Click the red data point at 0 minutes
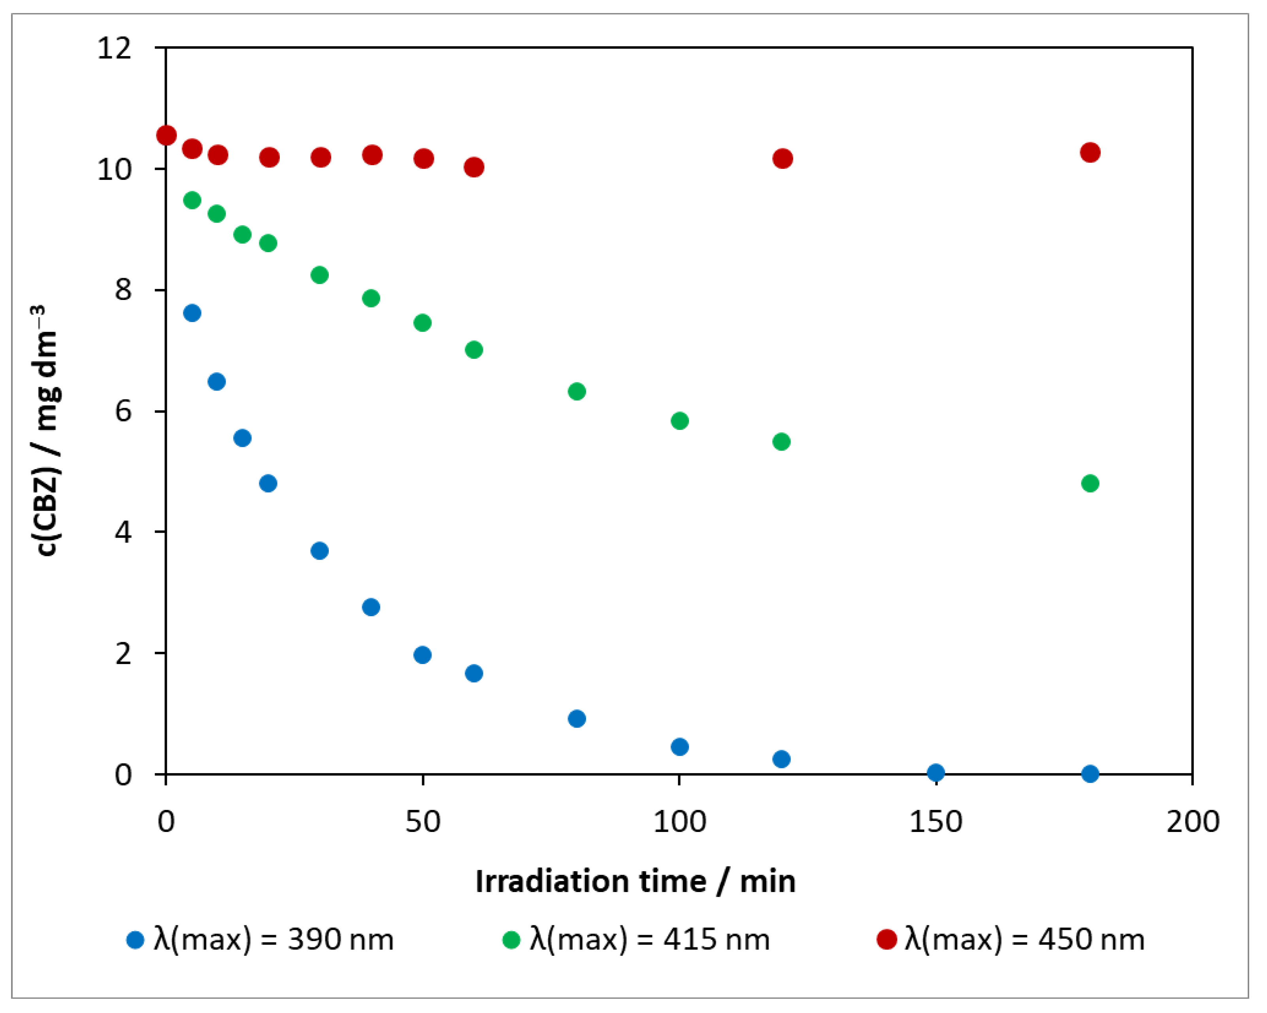[x=166, y=136]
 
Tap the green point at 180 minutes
[x=1090, y=484]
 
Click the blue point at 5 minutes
[x=192, y=313]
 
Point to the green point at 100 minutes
[x=679, y=421]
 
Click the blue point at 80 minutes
[x=577, y=719]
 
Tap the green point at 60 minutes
[x=474, y=350]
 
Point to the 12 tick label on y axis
[x=115, y=48]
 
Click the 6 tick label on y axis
[x=123, y=411]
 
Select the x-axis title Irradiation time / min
[x=635, y=882]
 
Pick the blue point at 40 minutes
[x=371, y=607]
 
